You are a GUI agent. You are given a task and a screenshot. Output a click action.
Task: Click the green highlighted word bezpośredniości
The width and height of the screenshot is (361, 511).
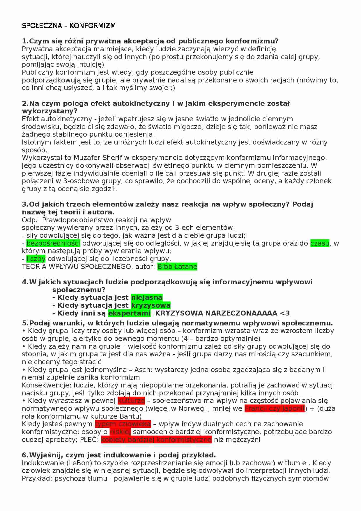tap(53, 243)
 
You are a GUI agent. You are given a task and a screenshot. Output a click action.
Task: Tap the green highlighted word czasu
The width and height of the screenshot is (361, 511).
tap(320, 243)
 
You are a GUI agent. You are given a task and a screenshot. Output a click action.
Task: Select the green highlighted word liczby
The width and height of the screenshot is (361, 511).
tap(36, 259)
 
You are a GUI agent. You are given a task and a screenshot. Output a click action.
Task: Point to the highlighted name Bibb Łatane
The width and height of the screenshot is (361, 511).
tap(177, 267)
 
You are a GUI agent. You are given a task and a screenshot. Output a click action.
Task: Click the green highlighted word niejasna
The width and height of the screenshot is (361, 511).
tap(147, 297)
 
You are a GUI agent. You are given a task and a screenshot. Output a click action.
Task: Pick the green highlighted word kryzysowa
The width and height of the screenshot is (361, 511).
tap(151, 305)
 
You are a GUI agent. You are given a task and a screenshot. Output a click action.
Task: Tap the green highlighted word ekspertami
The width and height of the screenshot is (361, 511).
tap(129, 313)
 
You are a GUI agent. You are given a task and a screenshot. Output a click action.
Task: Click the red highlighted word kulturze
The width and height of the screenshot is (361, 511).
tap(131, 401)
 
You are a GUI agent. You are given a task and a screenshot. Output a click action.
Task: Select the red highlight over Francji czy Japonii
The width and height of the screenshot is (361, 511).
tap(275, 408)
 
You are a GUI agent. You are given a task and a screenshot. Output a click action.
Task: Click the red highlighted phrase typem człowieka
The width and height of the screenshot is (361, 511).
tap(123, 424)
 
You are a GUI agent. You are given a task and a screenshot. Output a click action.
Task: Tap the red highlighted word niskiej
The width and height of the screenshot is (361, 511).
tap(120, 432)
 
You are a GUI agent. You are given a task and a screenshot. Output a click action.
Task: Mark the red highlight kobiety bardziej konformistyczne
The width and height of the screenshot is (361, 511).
tap(156, 440)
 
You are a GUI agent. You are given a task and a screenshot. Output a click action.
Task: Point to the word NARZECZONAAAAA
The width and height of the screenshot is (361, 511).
tap(241, 313)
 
